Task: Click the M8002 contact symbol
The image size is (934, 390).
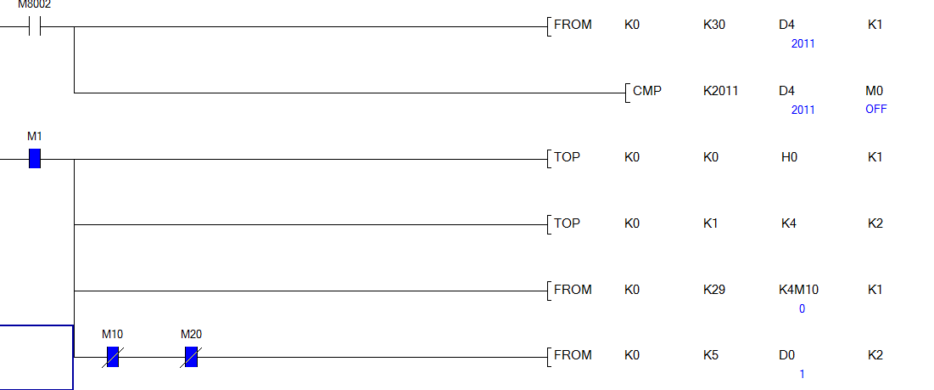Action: point(36,26)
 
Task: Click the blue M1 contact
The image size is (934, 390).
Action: point(35,159)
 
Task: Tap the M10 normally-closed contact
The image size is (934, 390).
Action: point(112,357)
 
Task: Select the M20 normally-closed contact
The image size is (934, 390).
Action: point(191,357)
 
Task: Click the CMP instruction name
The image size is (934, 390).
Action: point(646,90)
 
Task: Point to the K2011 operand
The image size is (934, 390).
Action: point(720,90)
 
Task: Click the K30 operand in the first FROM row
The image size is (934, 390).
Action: point(713,25)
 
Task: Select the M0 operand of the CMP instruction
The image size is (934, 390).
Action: point(875,90)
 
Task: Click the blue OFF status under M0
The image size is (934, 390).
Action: point(875,110)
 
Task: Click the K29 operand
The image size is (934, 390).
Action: point(713,290)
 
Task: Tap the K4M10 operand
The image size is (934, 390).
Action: point(799,290)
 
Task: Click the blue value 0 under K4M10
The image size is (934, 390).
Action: point(802,309)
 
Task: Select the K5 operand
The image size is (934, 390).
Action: point(710,355)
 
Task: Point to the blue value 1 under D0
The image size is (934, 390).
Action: point(802,375)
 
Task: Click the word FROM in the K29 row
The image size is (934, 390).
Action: point(573,290)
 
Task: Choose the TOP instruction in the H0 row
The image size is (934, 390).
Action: point(567,157)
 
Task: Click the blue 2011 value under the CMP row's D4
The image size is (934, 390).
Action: point(803,110)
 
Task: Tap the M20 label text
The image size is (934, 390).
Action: point(191,334)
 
